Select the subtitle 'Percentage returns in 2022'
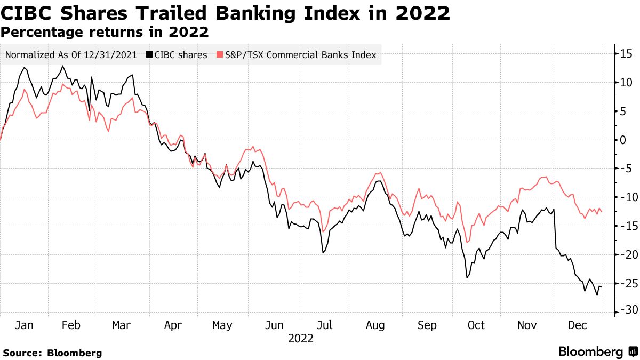(105, 32)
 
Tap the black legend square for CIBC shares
(149, 55)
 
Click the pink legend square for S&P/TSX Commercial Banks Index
(219, 55)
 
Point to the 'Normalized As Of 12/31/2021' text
(71, 55)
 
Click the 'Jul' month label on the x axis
(324, 325)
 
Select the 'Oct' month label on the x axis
(476, 325)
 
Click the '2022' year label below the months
(300, 339)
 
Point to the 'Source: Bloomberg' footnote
(52, 353)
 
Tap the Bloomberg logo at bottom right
(597, 352)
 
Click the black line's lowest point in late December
(597, 295)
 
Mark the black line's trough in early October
(467, 277)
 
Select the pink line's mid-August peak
(379, 172)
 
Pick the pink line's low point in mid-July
(323, 231)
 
